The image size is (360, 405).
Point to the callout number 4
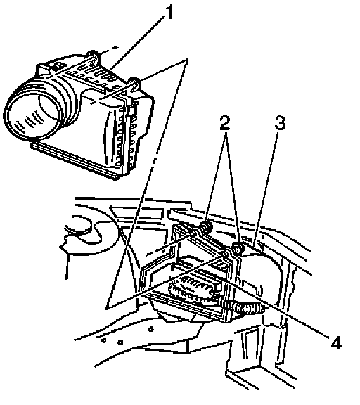[x=335, y=342]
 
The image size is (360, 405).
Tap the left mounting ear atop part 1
[x=93, y=56]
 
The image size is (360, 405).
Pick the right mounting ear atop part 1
[x=134, y=82]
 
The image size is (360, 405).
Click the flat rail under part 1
[x=75, y=160]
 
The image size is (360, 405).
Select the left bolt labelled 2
[x=206, y=227]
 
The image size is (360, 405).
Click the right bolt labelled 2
[x=238, y=249]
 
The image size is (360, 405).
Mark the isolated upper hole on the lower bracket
[x=151, y=329]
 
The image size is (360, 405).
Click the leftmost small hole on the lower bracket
[x=103, y=340]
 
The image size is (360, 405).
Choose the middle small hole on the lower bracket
[x=120, y=342]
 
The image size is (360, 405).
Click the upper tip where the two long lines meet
[x=187, y=60]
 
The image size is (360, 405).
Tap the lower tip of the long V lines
[x=107, y=308]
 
